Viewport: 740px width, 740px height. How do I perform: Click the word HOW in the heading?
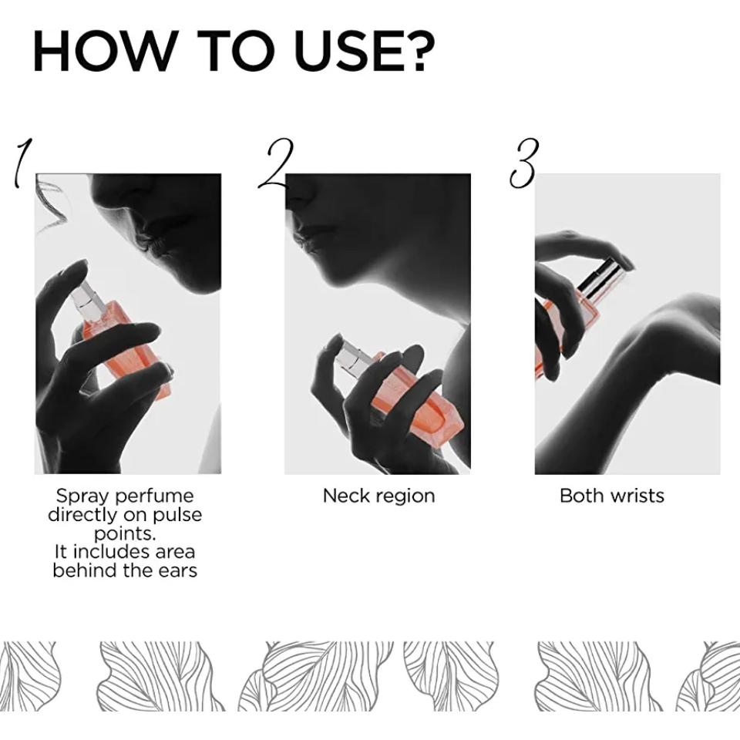pyautogui.click(x=103, y=51)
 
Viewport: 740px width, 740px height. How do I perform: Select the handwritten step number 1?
pyautogui.click(x=21, y=163)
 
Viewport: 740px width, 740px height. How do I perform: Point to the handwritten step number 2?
pyautogui.click(x=276, y=163)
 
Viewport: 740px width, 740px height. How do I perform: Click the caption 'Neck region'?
pyautogui.click(x=378, y=496)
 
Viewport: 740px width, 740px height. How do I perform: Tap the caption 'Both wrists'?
pyautogui.click(x=611, y=496)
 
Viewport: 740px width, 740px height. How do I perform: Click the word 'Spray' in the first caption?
pyautogui.click(x=82, y=496)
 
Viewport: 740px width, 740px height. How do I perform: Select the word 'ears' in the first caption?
pyautogui.click(x=177, y=570)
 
